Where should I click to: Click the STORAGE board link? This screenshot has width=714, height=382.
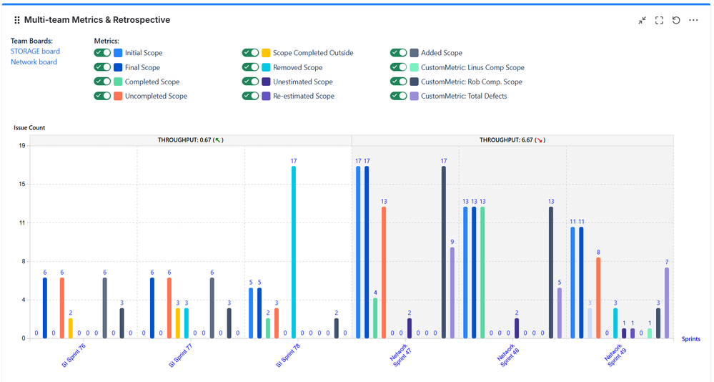pos(35,51)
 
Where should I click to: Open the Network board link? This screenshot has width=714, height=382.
pos(34,62)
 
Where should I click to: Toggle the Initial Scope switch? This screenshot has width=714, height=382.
pos(102,53)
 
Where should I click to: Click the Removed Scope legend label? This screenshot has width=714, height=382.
pos(297,67)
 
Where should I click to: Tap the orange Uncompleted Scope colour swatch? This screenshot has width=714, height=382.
pos(118,96)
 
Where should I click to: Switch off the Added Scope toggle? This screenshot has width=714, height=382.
pos(399,53)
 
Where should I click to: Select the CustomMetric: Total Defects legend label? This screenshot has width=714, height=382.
pos(464,96)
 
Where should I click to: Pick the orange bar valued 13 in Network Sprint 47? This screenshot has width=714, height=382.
pos(384,272)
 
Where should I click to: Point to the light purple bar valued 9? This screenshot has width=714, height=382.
pos(452,293)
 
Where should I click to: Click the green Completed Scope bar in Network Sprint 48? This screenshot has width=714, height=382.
pos(482,272)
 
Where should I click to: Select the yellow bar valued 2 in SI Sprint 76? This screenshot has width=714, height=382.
pos(70,328)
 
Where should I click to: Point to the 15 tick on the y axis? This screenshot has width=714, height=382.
pos(21,184)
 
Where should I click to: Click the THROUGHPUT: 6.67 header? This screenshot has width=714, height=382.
pos(512,140)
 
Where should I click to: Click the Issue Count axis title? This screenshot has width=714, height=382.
pos(29,127)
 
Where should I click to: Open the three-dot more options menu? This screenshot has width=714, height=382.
pos(693,20)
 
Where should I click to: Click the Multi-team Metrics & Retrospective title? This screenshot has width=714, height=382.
pos(97,20)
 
